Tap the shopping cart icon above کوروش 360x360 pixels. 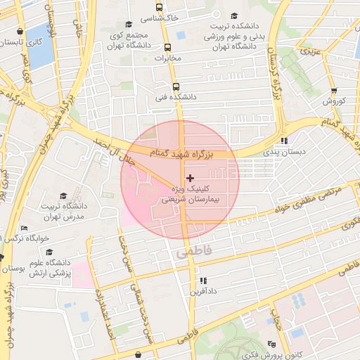click(333, 90)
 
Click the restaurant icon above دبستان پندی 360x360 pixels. click(283, 140)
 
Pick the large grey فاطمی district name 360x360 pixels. click(193, 250)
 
